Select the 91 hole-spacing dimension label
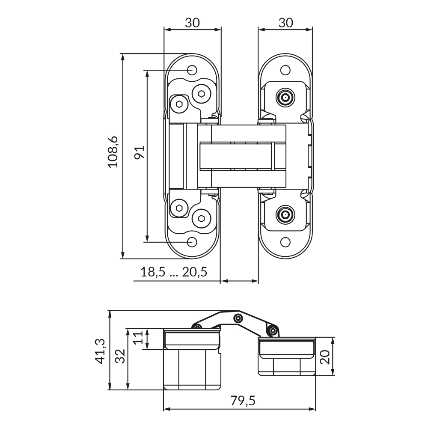[x=139, y=152]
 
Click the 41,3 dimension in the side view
[x=101, y=351]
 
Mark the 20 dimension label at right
[x=325, y=357]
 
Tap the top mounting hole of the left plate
[x=193, y=69]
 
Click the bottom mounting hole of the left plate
[x=193, y=242]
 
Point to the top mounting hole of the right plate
[x=285, y=70]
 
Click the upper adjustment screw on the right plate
[x=285, y=98]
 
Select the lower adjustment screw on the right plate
[x=285, y=215]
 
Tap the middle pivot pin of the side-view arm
[x=238, y=318]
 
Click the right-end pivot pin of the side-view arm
[x=272, y=330]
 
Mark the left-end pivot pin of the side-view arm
[x=198, y=327]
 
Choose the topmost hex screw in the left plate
[x=202, y=93]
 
